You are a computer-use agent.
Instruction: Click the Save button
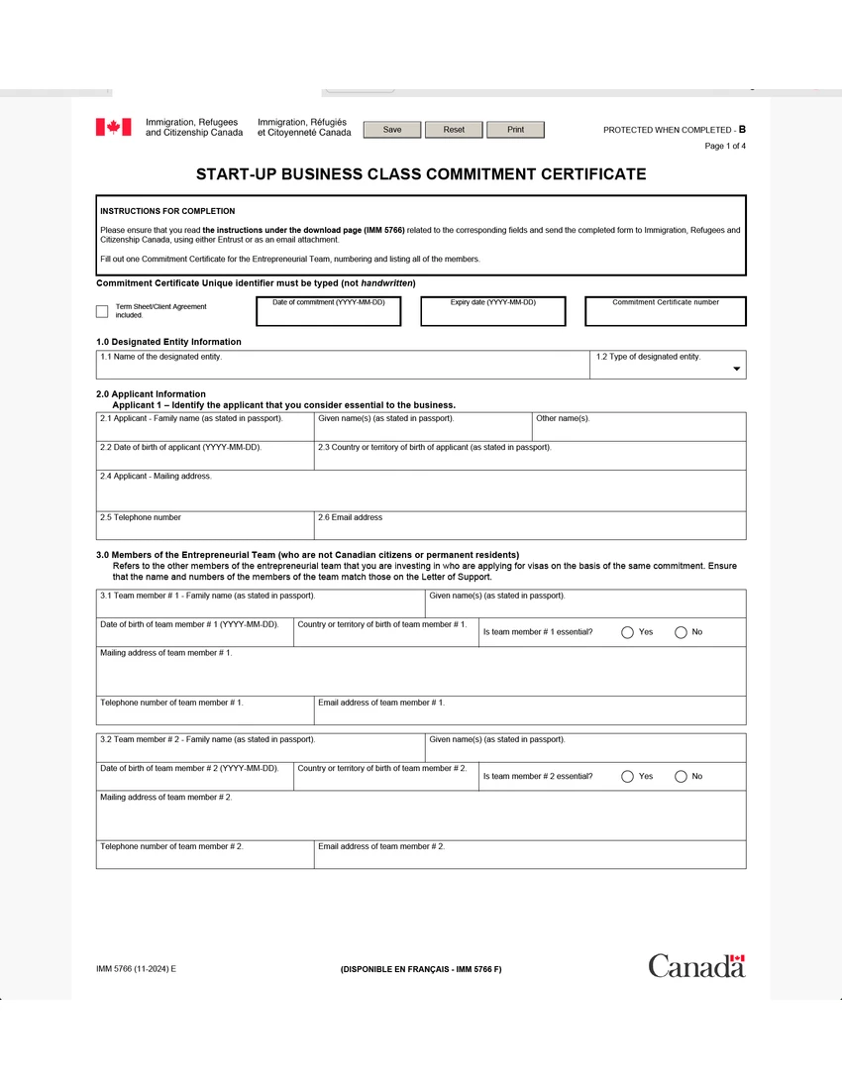[x=392, y=130]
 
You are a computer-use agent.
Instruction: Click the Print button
[x=515, y=130]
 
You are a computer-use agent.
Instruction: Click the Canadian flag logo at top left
[x=113, y=127]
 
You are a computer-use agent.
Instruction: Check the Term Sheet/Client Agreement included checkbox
[x=102, y=311]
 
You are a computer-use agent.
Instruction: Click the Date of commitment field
[x=329, y=315]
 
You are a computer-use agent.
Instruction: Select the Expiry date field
[x=492, y=315]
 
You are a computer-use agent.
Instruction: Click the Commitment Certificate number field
[x=665, y=315]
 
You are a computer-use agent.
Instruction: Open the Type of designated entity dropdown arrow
[x=736, y=369]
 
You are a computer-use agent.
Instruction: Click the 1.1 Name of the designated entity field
[x=343, y=369]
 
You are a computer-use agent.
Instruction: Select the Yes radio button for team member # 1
[x=627, y=632]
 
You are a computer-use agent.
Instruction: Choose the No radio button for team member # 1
[x=681, y=632]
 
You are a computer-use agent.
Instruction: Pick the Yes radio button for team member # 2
[x=627, y=776]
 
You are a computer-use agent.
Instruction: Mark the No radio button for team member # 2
[x=681, y=776]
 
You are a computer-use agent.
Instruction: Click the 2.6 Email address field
[x=529, y=529]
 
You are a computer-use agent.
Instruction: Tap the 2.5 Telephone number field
[x=204, y=529]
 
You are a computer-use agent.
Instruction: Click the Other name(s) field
[x=639, y=430]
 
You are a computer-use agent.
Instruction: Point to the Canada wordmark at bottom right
[x=696, y=965]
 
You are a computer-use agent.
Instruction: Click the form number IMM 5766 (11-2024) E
[x=136, y=968]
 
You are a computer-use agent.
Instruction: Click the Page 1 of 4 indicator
[x=725, y=146]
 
